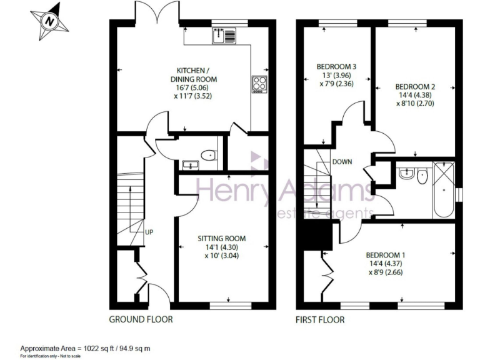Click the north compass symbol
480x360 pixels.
tap(48, 21)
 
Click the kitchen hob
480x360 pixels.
tap(259, 83)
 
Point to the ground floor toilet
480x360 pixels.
tap(207, 155)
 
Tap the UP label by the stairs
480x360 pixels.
tap(149, 232)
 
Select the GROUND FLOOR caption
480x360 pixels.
tap(141, 319)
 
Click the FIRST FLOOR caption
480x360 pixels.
tap(320, 319)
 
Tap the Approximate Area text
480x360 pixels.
tap(85, 348)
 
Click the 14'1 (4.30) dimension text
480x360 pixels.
tap(221, 247)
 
